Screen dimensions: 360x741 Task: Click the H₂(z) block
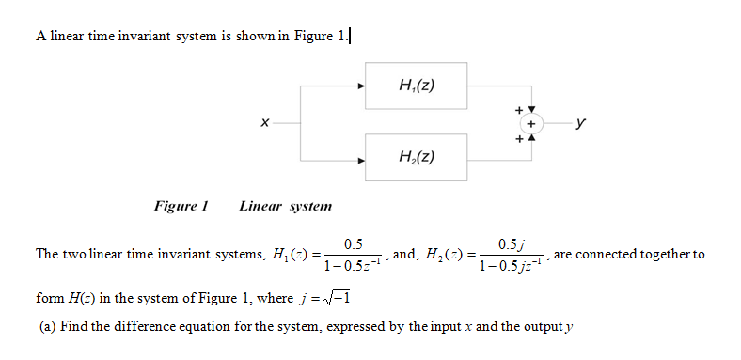click(x=417, y=156)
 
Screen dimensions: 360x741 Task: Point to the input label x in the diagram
click(x=265, y=122)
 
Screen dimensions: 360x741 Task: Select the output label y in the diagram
click(x=585, y=121)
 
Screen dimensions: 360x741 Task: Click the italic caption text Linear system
click(x=285, y=205)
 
